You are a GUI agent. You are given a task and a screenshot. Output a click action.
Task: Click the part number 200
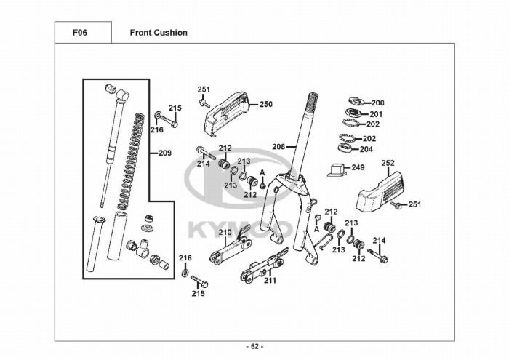(378, 103)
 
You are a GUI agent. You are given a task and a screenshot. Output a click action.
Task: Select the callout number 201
(376, 114)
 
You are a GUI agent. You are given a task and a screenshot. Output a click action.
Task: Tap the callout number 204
(366, 150)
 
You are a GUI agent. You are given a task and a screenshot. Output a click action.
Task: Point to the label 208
(279, 146)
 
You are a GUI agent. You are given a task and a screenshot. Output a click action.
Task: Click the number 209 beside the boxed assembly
(164, 153)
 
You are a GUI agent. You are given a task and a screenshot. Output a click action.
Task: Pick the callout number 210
(225, 233)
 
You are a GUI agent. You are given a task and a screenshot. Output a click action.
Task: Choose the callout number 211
(270, 280)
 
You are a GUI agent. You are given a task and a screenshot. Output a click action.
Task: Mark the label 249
(358, 167)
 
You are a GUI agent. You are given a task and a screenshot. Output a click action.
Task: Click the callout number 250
(265, 104)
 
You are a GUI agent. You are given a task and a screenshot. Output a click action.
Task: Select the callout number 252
(388, 163)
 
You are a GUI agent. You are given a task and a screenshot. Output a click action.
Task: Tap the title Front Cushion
(159, 33)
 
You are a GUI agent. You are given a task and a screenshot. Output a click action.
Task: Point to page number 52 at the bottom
(255, 346)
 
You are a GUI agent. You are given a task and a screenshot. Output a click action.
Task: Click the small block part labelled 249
(335, 169)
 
